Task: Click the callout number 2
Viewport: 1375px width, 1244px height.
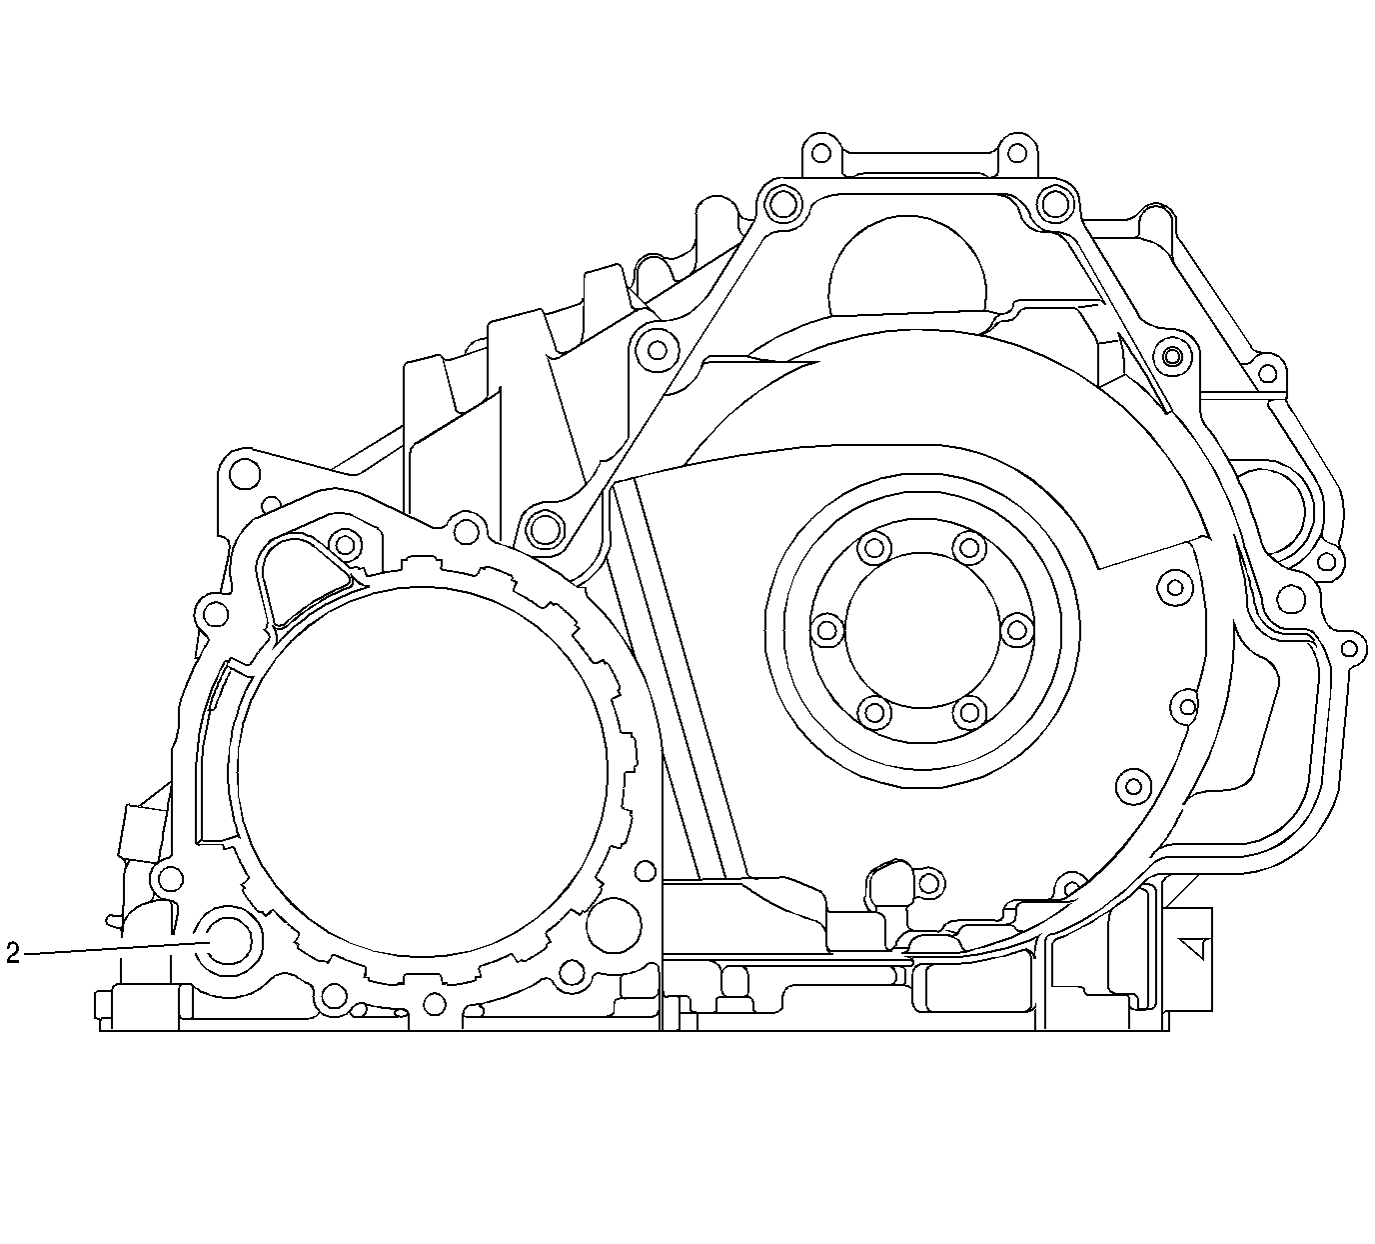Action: click(12, 954)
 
